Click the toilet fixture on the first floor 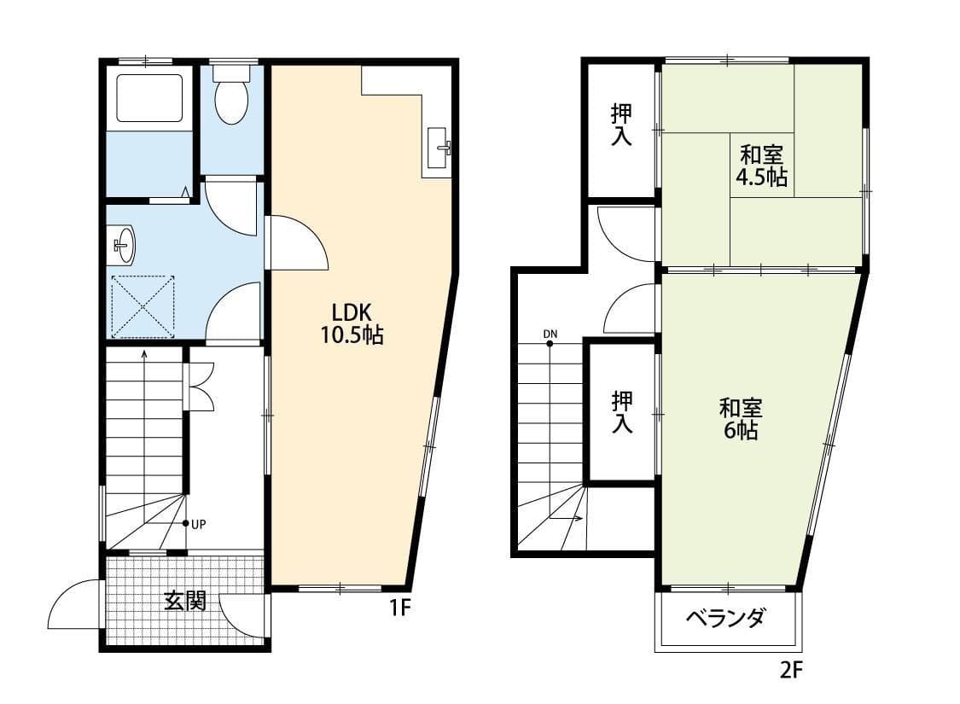click(231, 94)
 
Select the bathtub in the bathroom click(149, 98)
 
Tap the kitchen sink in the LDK click(439, 148)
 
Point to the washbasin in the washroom click(124, 245)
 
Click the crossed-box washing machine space click(143, 306)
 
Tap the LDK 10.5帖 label click(352, 323)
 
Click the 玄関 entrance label click(184, 601)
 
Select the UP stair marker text click(198, 524)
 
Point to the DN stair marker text click(550, 334)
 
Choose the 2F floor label click(790, 671)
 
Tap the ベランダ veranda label click(725, 619)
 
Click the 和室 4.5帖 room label click(761, 166)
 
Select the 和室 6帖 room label click(741, 419)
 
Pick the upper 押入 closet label click(622, 125)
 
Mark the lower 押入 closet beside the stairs click(622, 413)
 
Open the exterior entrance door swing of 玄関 click(74, 604)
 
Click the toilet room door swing click(230, 207)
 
